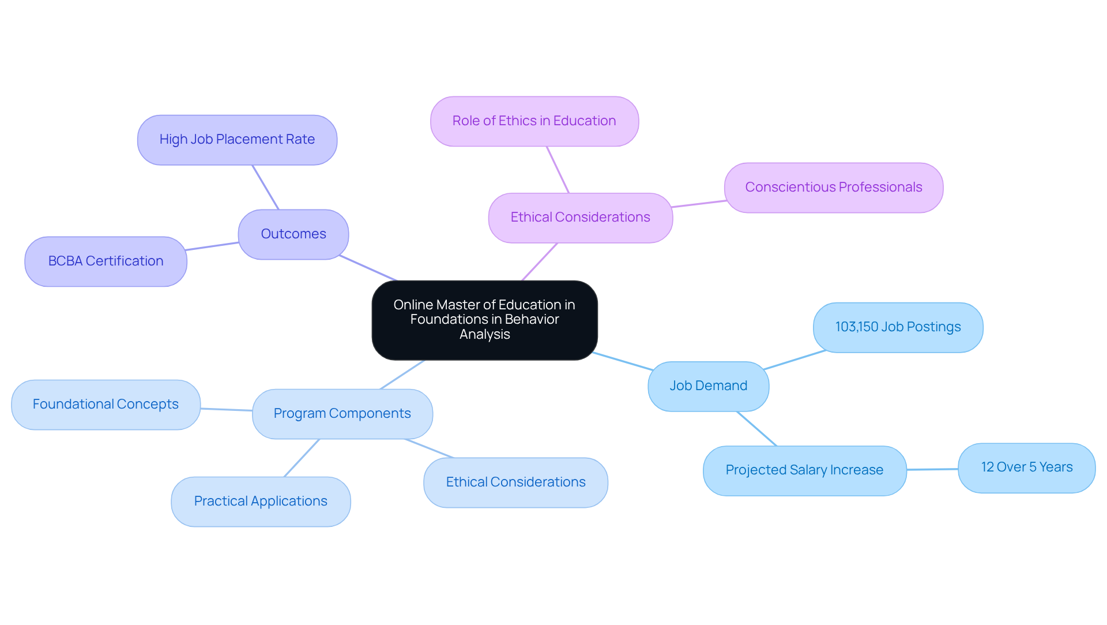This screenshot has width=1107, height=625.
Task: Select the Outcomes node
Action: pos(293,234)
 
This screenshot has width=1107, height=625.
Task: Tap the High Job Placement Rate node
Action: pos(237,140)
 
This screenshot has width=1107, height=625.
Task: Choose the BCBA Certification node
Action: pos(106,261)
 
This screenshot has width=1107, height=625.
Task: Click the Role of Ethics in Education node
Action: pos(534,121)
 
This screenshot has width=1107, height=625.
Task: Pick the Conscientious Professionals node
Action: pos(833,188)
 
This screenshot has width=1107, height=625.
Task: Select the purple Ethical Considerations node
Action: pos(580,218)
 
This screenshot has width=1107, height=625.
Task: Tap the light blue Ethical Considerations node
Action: pos(515,482)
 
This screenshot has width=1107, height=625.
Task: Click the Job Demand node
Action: pos(708,386)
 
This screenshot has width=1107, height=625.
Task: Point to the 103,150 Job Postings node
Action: pos(898,327)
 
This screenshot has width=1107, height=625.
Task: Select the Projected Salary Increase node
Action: pos(804,470)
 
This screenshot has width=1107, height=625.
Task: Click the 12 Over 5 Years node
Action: pos(1026,467)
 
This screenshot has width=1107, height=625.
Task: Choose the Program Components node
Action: pos(342,414)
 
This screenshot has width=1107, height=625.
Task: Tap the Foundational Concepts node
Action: pos(106,405)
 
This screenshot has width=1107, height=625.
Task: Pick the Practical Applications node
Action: pos(261,502)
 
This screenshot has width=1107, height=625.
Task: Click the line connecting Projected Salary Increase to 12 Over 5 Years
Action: pos(932,469)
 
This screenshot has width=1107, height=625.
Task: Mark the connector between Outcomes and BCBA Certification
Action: pos(212,246)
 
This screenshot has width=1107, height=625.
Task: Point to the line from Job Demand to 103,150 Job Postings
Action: pos(795,360)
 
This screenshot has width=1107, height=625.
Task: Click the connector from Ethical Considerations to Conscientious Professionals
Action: pos(699,204)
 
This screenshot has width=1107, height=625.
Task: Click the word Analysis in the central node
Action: pos(484,335)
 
